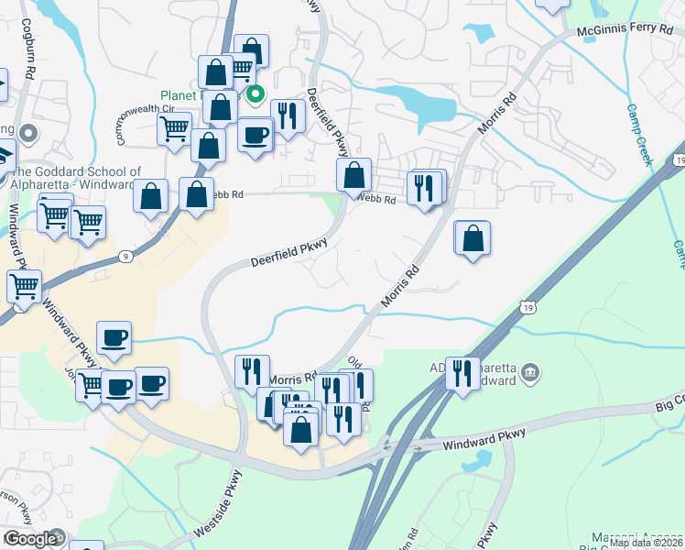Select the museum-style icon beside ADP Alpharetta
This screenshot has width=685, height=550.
[x=529, y=373]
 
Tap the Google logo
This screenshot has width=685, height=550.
[x=31, y=539]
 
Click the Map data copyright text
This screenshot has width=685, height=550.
[x=646, y=543]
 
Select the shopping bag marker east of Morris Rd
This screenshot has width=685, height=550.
[x=472, y=239]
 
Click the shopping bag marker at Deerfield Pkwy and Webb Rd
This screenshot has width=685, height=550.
[x=353, y=176]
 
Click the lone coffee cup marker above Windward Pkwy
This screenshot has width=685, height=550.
[x=114, y=337]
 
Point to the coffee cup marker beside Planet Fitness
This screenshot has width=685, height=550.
[x=255, y=136]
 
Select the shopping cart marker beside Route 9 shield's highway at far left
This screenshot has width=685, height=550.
[x=24, y=286]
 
